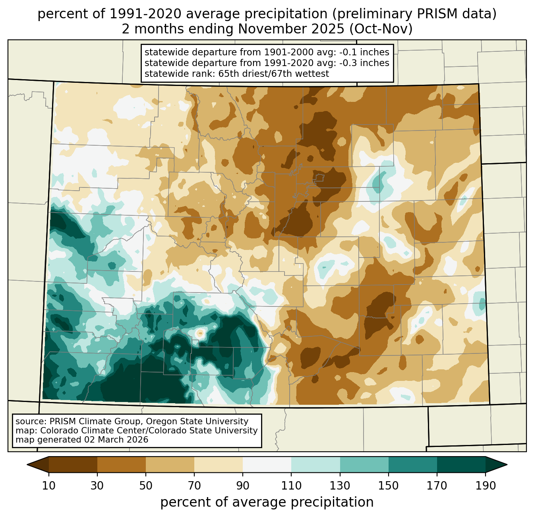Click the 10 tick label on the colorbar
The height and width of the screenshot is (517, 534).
pos(49,486)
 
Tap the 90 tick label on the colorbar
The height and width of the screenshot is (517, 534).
pos(243,486)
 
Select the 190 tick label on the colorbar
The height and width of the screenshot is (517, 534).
pos(485,486)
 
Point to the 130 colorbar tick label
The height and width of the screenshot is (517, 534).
pos(340,486)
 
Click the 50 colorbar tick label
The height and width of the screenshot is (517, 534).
pos(146,486)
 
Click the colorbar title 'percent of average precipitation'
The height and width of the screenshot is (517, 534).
pos(267,502)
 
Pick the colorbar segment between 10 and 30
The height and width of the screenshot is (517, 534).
pos(73,464)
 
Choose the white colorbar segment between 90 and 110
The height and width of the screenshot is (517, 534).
pos(267,464)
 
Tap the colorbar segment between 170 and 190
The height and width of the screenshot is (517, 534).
pos(461,464)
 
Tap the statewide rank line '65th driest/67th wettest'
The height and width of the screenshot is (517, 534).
pos(273,74)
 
